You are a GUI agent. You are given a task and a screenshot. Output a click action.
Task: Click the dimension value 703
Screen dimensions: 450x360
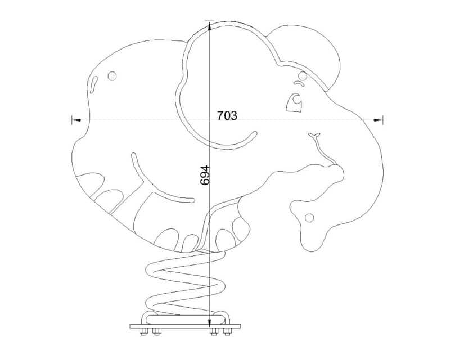coord(227,115)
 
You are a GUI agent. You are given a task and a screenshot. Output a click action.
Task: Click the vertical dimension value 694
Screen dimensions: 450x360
coord(205,175)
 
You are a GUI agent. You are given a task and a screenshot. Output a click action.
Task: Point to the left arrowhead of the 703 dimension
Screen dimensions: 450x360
coord(76,120)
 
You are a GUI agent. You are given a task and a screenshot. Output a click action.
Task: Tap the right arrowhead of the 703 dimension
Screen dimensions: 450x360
coord(378,120)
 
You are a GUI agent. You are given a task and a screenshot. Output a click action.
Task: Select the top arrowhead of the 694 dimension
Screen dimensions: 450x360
coord(210,25)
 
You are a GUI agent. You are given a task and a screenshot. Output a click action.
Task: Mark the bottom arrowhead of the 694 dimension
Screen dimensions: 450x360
coord(210,323)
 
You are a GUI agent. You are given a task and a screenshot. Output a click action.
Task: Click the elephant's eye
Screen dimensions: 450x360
coord(295,102)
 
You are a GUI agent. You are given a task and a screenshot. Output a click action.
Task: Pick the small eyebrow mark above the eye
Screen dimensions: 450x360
coord(299,83)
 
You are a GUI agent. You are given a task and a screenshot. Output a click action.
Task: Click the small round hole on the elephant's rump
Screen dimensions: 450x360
coord(112,76)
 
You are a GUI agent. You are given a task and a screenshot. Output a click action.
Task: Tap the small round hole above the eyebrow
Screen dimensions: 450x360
coord(303,76)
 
